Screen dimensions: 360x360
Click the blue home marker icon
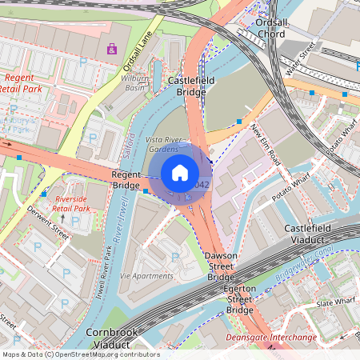tap(180, 172)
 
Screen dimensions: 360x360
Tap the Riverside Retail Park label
tap(72, 203)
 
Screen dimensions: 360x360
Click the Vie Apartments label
tap(146, 276)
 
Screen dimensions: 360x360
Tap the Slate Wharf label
tap(334, 303)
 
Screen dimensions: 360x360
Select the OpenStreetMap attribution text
tap(80, 354)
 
